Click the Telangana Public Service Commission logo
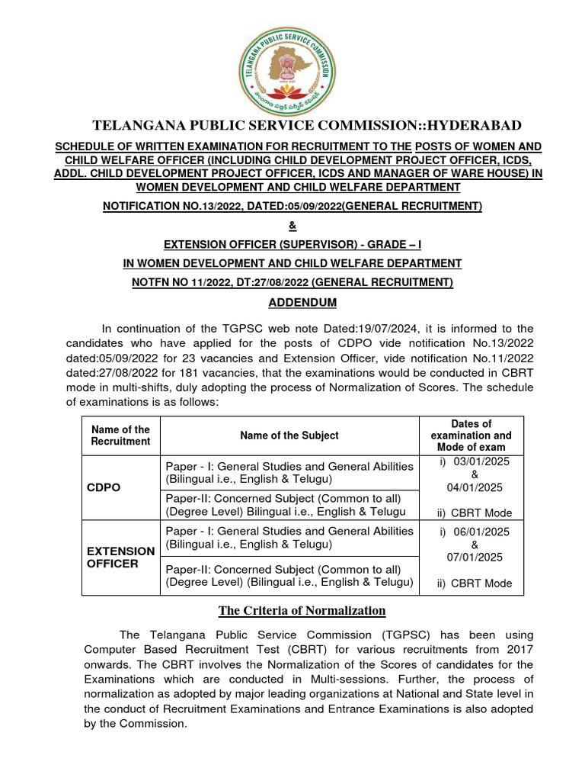[x=286, y=66]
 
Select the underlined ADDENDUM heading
[x=302, y=303]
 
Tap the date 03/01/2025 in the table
[x=476, y=462]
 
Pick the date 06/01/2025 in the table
[x=476, y=532]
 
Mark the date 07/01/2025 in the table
[x=475, y=558]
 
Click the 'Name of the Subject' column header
[x=289, y=435]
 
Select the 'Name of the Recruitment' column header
[x=120, y=435]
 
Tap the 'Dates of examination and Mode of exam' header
[x=471, y=435]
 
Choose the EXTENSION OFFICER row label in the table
[x=120, y=557]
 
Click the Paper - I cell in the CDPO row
[x=289, y=473]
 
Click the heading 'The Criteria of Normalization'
[x=302, y=610]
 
